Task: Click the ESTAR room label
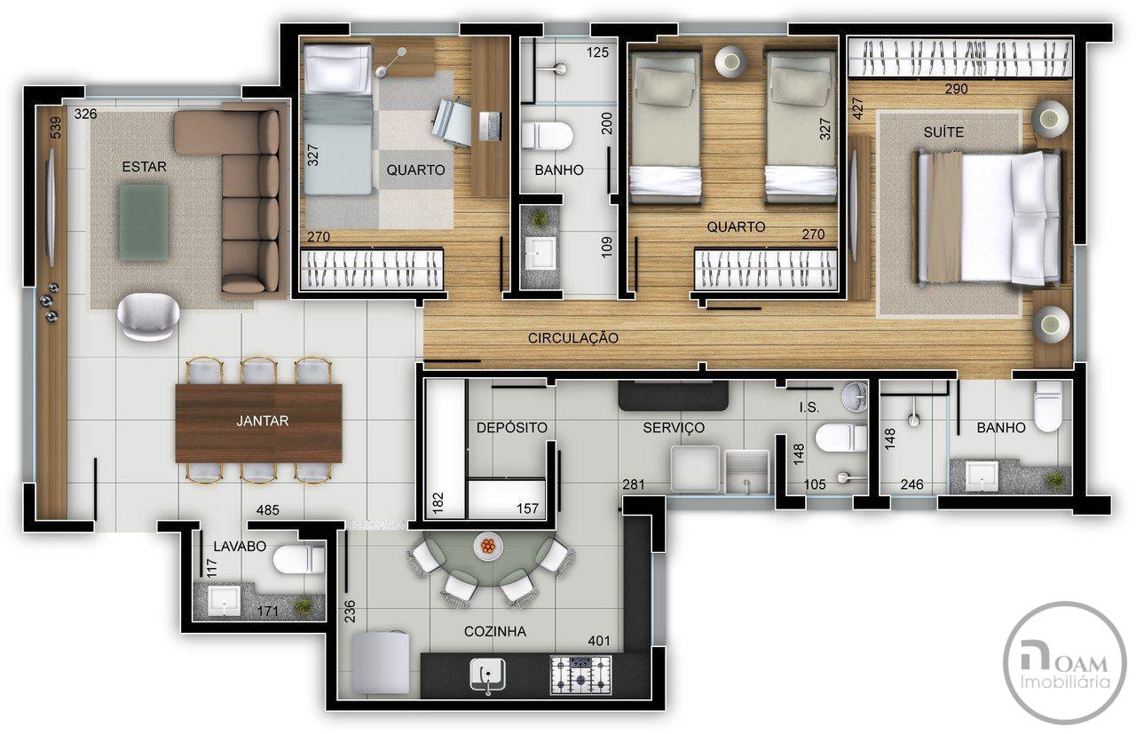pos(144,166)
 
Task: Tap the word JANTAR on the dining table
pos(262,421)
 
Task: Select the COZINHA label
pos(495,632)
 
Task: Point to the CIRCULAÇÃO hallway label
pos(573,338)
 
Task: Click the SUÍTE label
pos(943,132)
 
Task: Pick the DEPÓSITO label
pos(512,427)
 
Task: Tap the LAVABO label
pos(240,547)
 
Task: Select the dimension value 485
pos(268,509)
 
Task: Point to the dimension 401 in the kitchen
pos(598,641)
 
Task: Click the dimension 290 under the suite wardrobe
pos(957,89)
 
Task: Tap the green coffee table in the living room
pos(144,222)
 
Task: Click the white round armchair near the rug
pos(148,316)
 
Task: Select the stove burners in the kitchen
pos(581,675)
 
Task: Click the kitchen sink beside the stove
pos(487,675)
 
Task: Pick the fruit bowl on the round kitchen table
pos(488,546)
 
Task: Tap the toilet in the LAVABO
pos(299,560)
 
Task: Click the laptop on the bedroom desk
pos(490,126)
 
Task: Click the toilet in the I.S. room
pos(840,437)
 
